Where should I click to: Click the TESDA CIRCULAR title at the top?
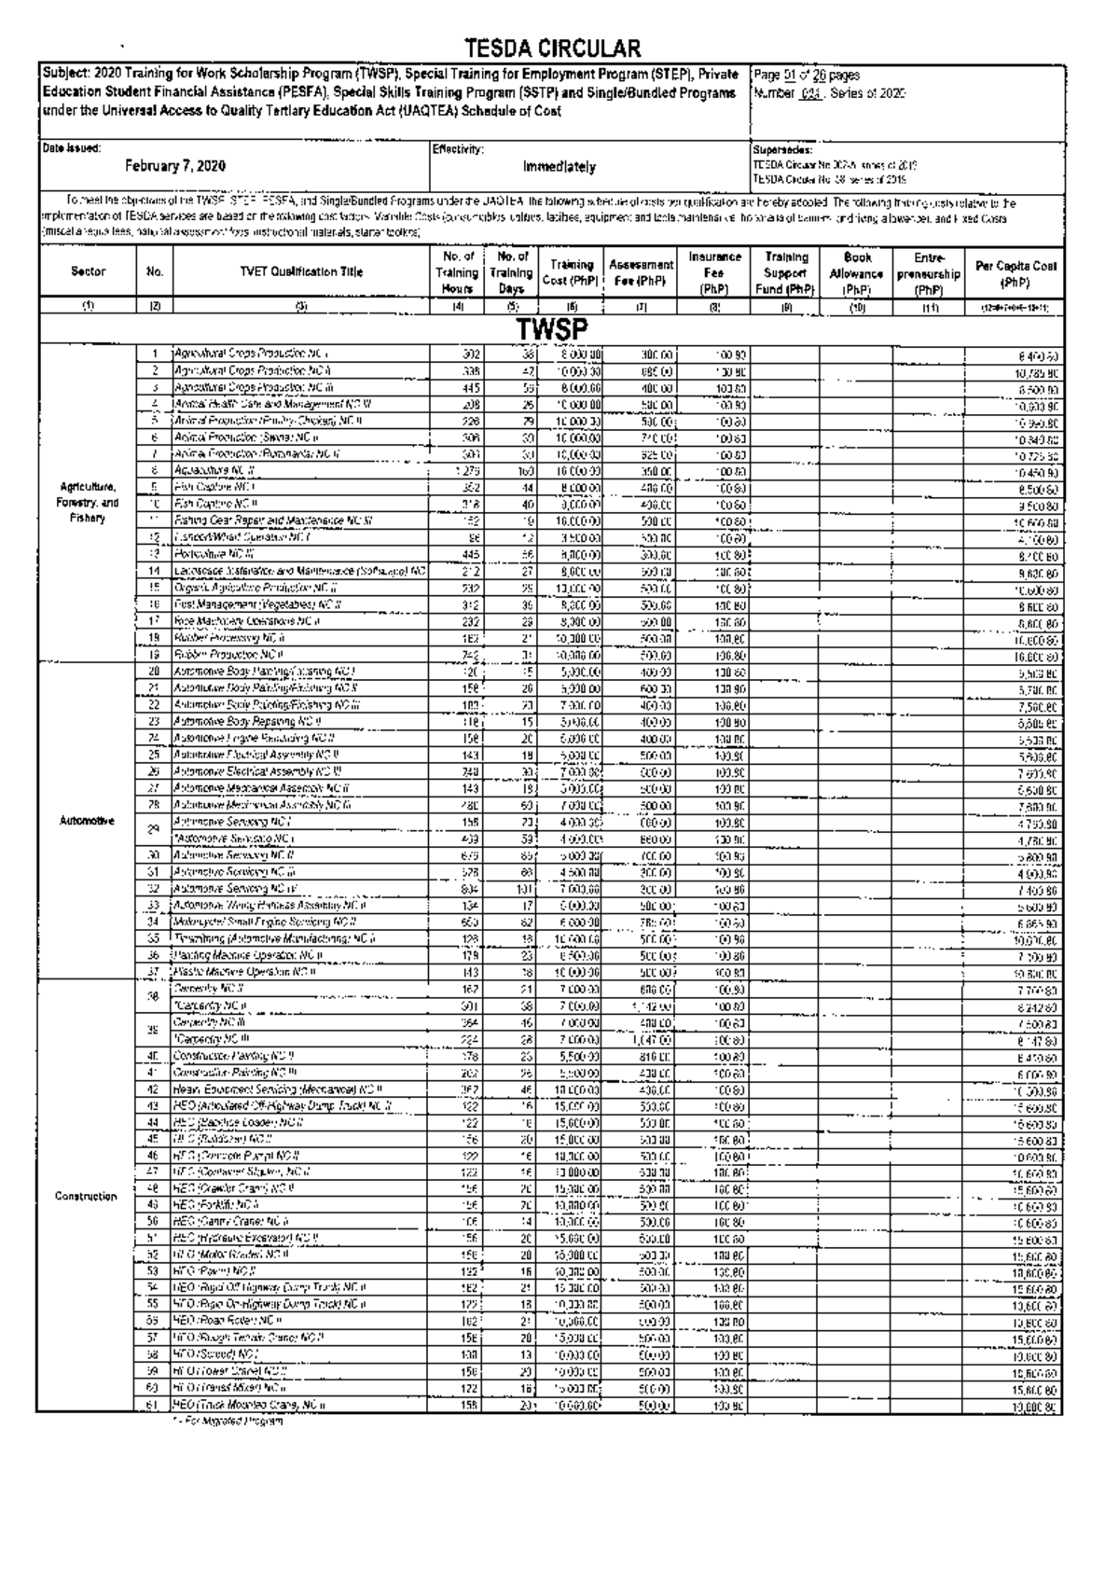pyautogui.click(x=552, y=49)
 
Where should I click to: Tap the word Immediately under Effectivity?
pyautogui.click(x=559, y=167)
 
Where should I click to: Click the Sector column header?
pyautogui.click(x=89, y=271)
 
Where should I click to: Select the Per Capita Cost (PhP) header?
pyautogui.click(x=1015, y=272)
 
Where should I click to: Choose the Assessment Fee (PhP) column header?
pyautogui.click(x=641, y=271)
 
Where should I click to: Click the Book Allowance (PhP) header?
pyautogui.click(x=856, y=271)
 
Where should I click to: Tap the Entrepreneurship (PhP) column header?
pyautogui.click(x=929, y=271)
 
